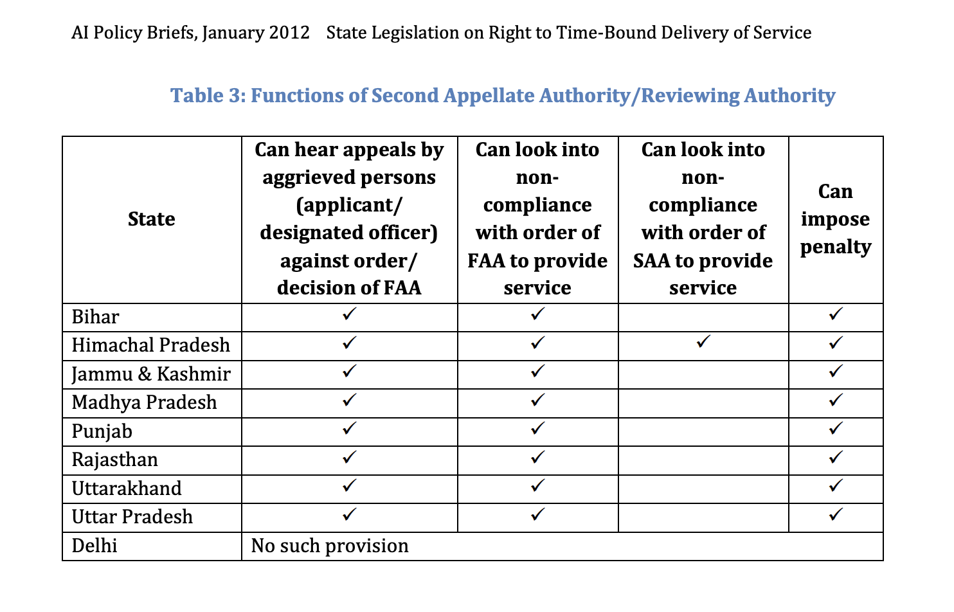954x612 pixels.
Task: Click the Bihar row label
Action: [95, 317]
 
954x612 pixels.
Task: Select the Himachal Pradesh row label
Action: [150, 345]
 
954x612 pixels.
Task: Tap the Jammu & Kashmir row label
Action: [150, 374]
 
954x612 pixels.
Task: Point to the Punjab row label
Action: [102, 431]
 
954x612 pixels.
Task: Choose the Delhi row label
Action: [94, 546]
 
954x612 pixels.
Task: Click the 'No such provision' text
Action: [330, 546]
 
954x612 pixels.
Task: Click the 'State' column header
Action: [151, 219]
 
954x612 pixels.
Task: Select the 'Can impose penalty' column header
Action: [835, 219]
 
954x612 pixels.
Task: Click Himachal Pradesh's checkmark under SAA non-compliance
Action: [703, 342]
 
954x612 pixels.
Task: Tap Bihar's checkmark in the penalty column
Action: [835, 314]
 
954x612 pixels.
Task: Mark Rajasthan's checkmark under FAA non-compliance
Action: [537, 457]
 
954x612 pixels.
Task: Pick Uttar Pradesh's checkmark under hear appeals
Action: [349, 514]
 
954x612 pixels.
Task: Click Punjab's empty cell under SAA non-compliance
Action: [703, 431]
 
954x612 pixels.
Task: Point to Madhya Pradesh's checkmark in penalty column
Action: [835, 400]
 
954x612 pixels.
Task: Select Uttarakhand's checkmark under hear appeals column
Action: [349, 485]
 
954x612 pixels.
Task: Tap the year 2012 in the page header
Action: [289, 33]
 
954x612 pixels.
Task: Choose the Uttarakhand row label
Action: [127, 489]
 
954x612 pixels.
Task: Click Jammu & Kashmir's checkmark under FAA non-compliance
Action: [537, 371]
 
